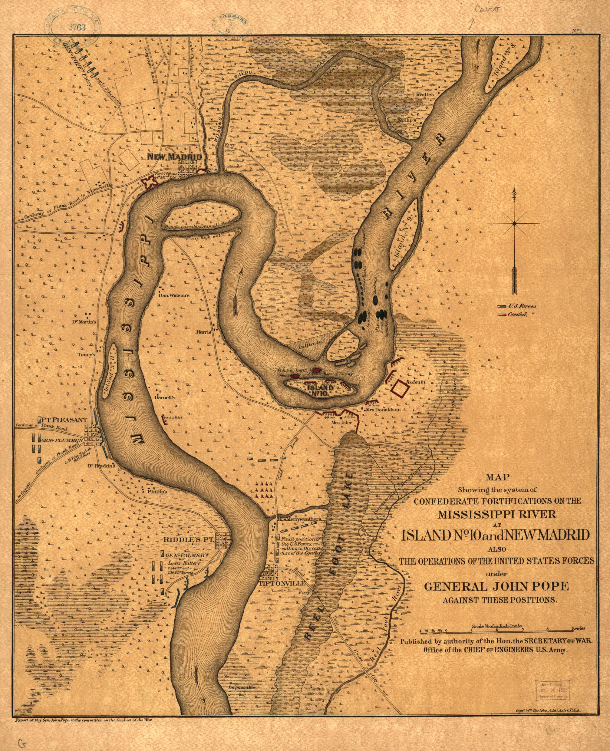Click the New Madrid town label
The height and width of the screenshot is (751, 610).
175,157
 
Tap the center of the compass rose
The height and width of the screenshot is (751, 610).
514,223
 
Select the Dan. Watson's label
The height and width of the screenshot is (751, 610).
174,295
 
